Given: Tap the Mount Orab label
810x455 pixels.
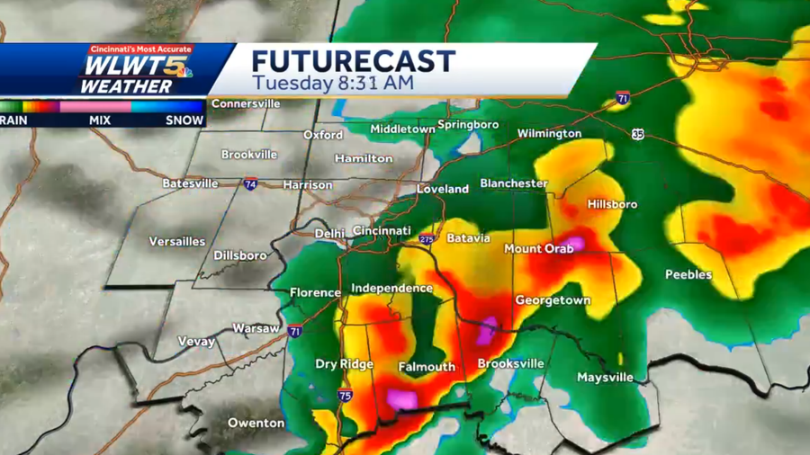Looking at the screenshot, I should [x=538, y=248].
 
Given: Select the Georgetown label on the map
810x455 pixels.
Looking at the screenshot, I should [x=553, y=300].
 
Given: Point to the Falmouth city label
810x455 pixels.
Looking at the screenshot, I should [x=427, y=367].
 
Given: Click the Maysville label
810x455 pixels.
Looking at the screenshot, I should [x=605, y=378].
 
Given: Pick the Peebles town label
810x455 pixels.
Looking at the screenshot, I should [x=688, y=274].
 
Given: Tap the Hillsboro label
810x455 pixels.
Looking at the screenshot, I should [x=612, y=204].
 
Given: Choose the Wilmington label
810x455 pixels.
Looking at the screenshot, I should [x=549, y=134].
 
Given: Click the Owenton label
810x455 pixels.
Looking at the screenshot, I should [x=256, y=423].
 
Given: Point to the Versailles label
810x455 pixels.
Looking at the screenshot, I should [x=178, y=242].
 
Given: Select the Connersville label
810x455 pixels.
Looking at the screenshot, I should [x=246, y=103].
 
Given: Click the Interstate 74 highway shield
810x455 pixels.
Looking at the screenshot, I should [x=249, y=183].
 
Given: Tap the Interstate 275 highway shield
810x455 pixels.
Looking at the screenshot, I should [x=427, y=239].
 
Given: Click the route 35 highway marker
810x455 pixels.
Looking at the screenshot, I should [x=638, y=134].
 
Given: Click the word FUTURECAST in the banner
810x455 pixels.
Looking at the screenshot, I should [x=353, y=61].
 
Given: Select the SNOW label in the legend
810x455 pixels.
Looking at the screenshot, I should [x=184, y=120].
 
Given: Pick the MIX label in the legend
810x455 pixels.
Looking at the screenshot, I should [x=100, y=120].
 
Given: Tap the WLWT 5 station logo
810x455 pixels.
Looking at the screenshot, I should [x=135, y=70].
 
